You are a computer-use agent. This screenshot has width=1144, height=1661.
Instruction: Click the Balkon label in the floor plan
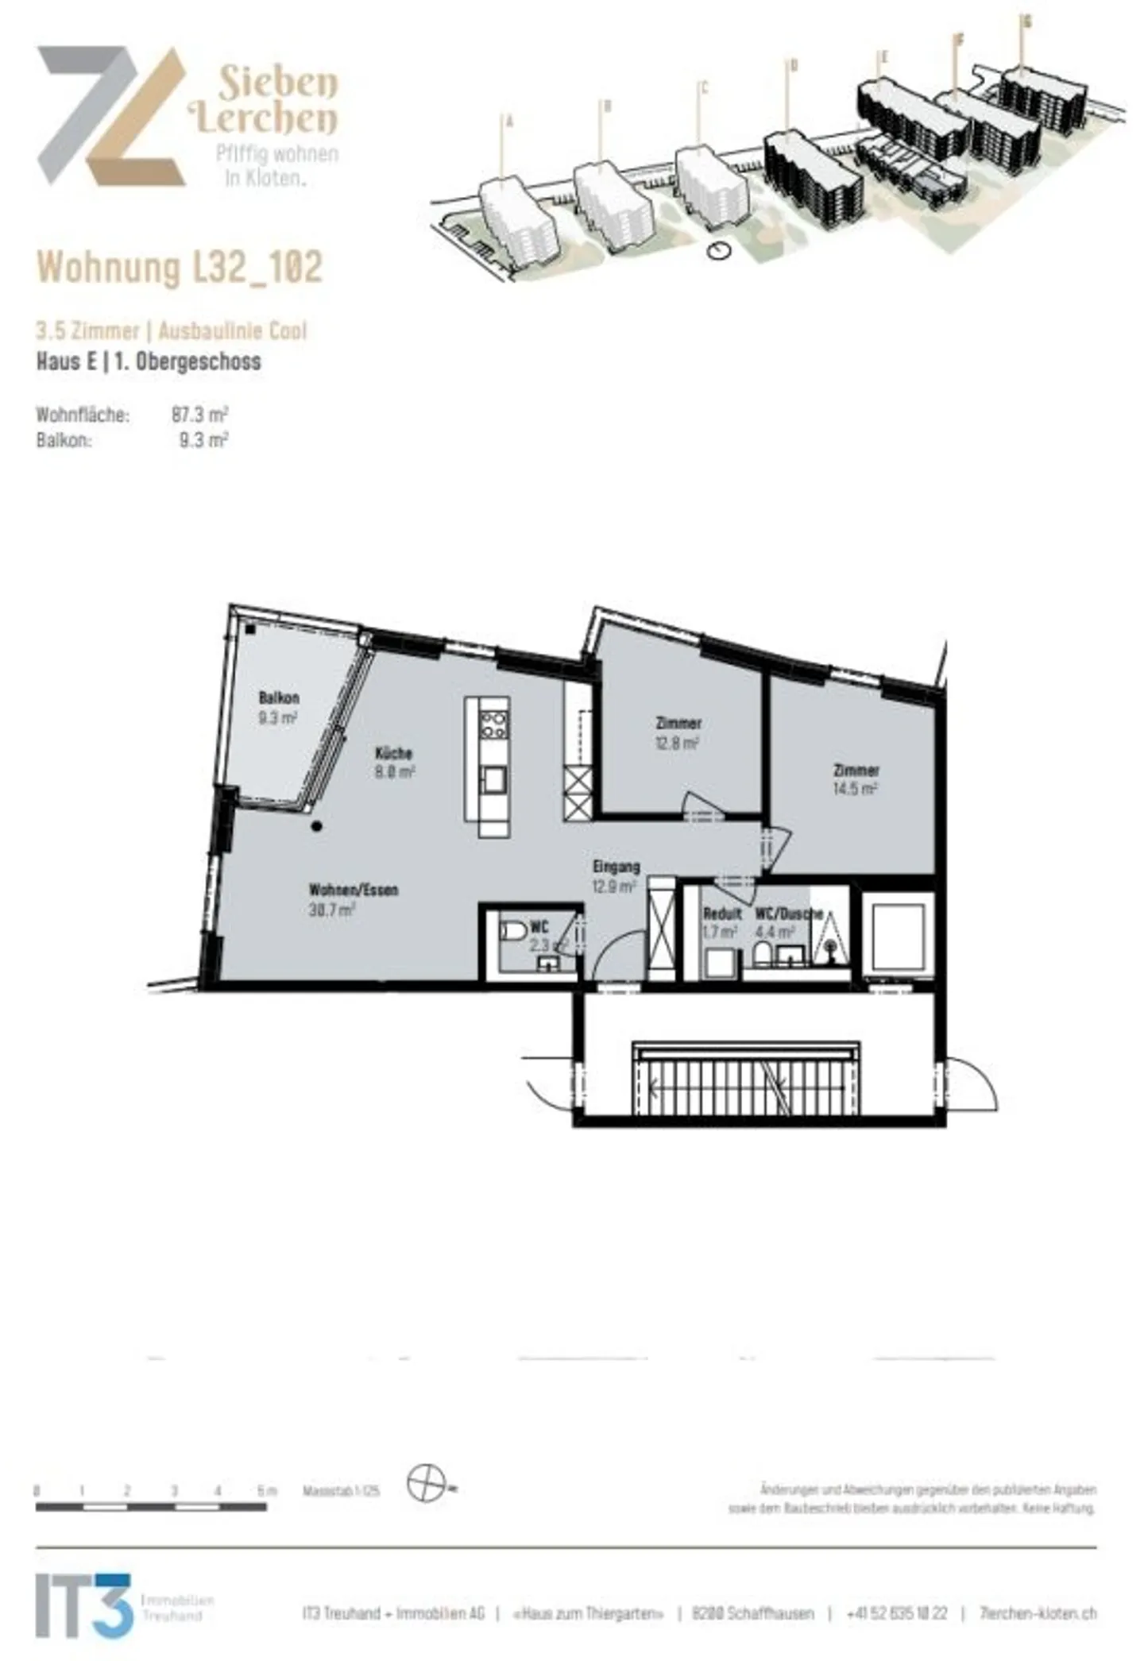click(x=278, y=698)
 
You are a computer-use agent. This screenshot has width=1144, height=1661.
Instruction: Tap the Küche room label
click(x=393, y=753)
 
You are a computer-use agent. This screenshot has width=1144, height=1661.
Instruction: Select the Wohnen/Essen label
click(x=353, y=890)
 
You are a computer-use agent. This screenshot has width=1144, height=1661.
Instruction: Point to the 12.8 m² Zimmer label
click(x=678, y=724)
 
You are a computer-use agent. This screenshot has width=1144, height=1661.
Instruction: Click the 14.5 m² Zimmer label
click(x=856, y=770)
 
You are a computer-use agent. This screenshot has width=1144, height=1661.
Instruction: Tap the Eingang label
click(x=616, y=867)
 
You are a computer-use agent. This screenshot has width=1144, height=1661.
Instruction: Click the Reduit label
click(x=722, y=914)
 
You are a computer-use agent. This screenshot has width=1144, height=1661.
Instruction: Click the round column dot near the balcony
click(x=317, y=826)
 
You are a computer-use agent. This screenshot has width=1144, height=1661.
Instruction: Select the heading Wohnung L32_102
click(x=180, y=267)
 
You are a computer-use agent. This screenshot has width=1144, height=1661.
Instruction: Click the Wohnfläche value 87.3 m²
click(x=199, y=415)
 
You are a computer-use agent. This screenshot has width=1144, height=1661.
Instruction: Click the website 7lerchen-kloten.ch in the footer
click(x=1038, y=1613)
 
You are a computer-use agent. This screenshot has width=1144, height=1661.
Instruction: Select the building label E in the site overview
click(x=883, y=57)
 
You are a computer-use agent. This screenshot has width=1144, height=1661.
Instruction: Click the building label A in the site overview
click(x=510, y=122)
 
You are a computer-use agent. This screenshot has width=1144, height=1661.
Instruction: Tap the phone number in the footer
click(x=896, y=1613)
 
